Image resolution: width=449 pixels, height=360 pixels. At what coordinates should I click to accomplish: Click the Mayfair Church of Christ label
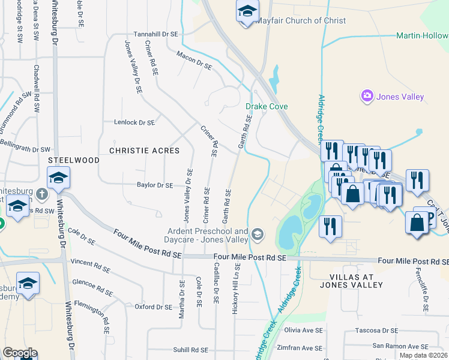click(x=301, y=20)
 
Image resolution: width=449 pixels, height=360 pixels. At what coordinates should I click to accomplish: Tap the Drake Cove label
click(x=267, y=106)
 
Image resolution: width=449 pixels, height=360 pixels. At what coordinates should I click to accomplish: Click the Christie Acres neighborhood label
click(x=144, y=151)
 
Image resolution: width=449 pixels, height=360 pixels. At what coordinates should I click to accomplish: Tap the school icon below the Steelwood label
click(x=59, y=178)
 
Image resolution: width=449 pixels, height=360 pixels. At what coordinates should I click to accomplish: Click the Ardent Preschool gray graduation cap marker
click(x=258, y=233)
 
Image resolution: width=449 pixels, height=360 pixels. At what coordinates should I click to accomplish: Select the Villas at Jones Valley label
click(x=351, y=281)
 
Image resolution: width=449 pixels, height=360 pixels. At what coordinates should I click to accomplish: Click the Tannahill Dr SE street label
click(x=156, y=34)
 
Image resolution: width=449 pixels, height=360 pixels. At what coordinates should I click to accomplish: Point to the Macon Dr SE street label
click(x=194, y=61)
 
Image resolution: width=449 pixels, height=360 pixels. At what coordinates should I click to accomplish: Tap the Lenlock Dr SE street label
click(x=134, y=122)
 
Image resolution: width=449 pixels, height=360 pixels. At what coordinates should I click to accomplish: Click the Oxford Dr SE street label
click(x=153, y=307)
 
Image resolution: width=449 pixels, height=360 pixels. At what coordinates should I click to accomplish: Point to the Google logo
click(x=20, y=353)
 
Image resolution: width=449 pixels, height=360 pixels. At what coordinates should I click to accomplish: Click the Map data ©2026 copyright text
click(x=423, y=355)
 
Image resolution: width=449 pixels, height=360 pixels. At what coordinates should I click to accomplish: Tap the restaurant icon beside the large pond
click(x=331, y=226)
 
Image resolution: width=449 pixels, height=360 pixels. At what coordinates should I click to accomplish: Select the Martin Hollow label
click(x=422, y=36)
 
